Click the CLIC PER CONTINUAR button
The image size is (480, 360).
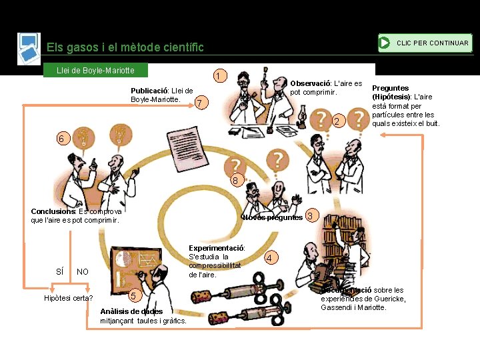click(x=425, y=43)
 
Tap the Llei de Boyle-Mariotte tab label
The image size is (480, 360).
click(x=95, y=70)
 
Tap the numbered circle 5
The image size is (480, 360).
click(x=133, y=295)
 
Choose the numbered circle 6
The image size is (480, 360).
click(x=61, y=139)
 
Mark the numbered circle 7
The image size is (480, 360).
click(x=198, y=103)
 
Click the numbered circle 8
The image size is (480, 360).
click(x=235, y=181)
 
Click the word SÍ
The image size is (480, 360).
click(x=59, y=271)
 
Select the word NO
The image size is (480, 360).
click(x=83, y=271)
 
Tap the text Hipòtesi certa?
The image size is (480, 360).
click(x=68, y=298)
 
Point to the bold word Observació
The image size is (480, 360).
click(x=311, y=83)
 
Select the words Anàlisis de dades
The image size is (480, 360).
click(x=131, y=311)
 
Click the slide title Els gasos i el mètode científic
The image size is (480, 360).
click(x=125, y=47)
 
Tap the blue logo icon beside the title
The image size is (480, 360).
click(x=29, y=48)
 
